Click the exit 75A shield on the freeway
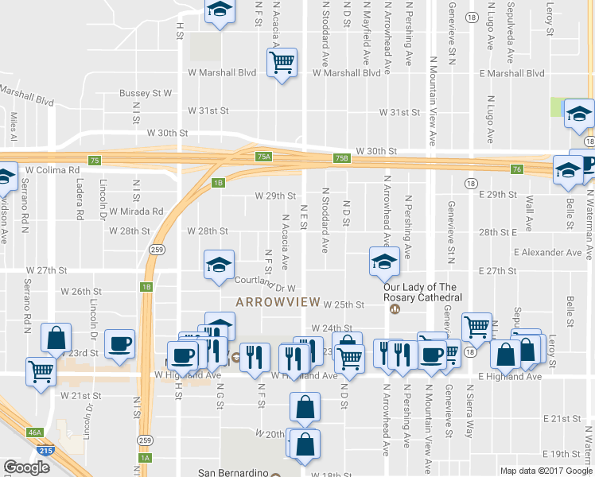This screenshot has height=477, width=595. click(263, 157)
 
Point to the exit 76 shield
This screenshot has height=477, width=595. click(517, 169)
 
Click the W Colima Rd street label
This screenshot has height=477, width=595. click(52, 170)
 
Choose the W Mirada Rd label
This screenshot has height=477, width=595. click(136, 211)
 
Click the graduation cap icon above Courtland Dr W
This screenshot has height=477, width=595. click(218, 266)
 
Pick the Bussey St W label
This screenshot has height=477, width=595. click(146, 93)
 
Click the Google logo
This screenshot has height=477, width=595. click(26, 467)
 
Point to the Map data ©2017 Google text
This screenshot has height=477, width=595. click(545, 470)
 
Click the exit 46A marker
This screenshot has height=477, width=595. click(33, 432)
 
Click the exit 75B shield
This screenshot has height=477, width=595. click(341, 158)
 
